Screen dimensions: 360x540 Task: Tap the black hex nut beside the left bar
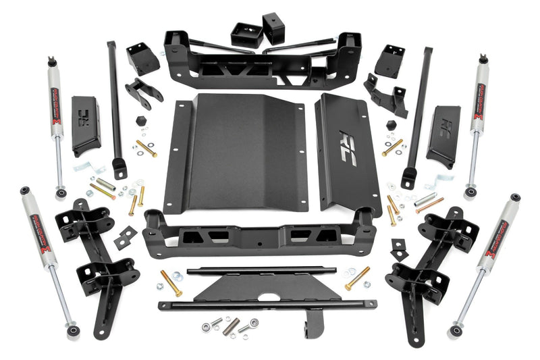140,120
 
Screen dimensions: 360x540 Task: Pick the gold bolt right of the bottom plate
357,278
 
